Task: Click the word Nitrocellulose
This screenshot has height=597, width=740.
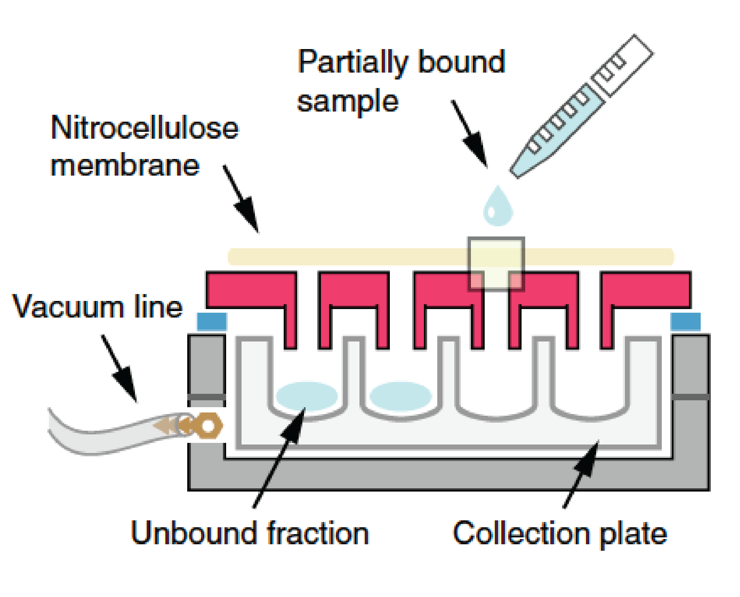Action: tap(145, 128)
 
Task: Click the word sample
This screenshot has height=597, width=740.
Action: tap(348, 101)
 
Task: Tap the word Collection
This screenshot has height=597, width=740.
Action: tap(521, 533)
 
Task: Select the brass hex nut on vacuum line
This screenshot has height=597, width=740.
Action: tap(207, 426)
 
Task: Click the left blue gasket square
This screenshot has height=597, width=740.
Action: tap(212, 322)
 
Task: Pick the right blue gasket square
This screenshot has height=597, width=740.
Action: tap(686, 322)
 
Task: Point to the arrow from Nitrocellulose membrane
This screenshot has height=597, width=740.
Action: tap(241, 199)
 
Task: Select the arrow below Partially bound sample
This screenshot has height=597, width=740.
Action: tap(470, 134)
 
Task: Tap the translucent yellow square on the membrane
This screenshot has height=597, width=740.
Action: tap(496, 264)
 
